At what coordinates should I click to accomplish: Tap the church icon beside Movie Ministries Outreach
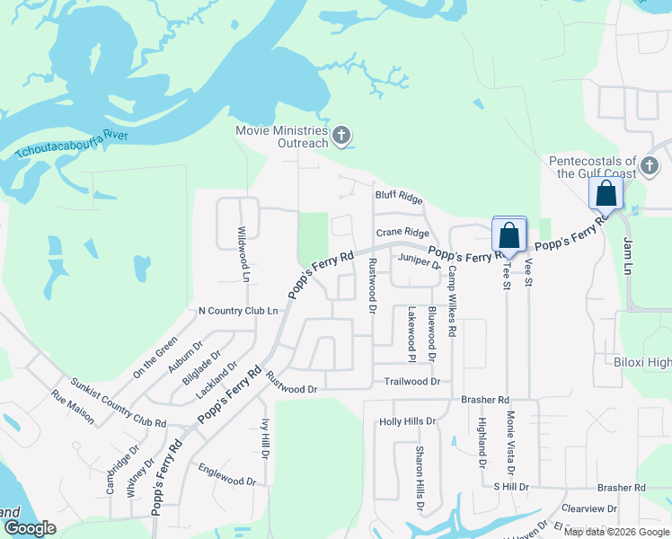(340, 137)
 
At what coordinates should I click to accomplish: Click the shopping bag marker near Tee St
(508, 235)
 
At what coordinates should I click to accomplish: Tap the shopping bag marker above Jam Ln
(606, 193)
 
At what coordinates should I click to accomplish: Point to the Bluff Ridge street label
(398, 196)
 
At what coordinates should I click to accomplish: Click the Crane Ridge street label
(402, 233)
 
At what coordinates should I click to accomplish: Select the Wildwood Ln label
(242, 255)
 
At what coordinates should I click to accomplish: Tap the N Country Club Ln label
(238, 311)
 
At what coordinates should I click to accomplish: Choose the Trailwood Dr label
(411, 381)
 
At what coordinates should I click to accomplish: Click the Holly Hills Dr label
(407, 420)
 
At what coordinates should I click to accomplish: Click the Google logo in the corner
(30, 528)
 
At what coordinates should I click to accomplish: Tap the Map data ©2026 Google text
(616, 532)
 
